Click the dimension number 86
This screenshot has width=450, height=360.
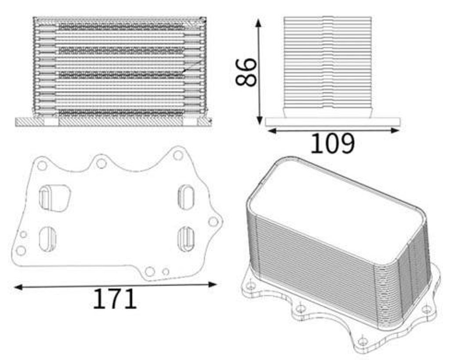click(246, 72)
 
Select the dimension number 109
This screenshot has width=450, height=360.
click(332, 143)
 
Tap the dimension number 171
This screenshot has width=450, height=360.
click(115, 299)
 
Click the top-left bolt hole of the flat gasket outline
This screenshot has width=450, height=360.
click(42, 166)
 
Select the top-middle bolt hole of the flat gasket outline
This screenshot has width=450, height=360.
click(101, 163)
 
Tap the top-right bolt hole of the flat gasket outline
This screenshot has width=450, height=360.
click(178, 155)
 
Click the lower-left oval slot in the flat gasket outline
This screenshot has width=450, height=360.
click(47, 239)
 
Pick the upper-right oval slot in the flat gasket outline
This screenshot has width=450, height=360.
click(185, 196)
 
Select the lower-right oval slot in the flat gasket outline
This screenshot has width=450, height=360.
click(186, 239)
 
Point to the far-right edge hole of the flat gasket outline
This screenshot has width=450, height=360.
click(213, 222)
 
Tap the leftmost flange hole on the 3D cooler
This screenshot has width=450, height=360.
click(251, 286)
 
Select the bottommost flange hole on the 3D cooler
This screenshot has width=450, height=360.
click(362, 341)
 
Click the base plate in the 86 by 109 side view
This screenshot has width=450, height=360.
click(333, 122)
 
